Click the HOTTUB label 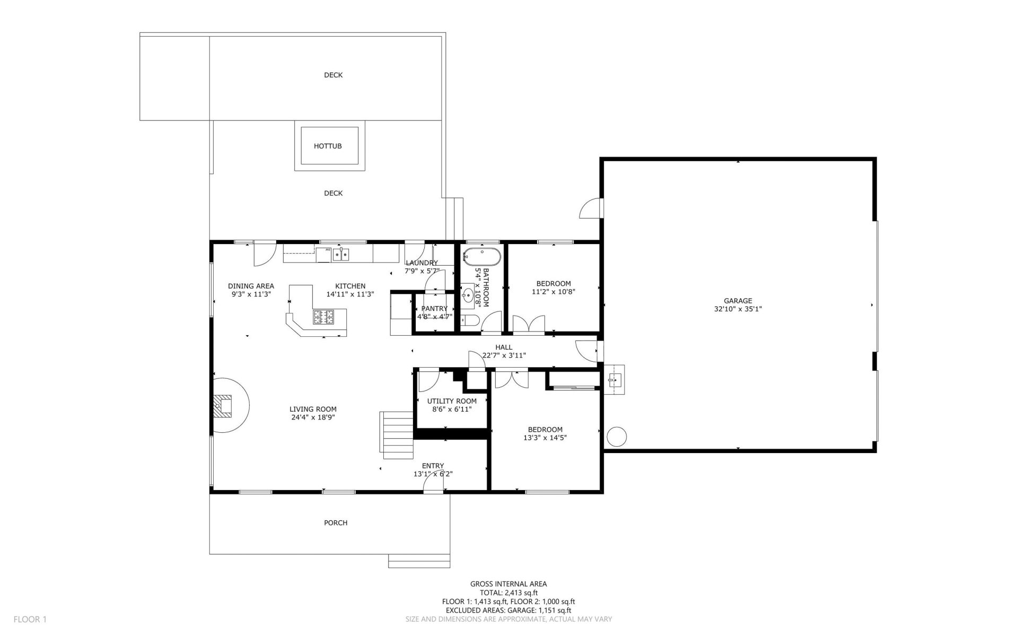328,146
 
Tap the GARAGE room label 738,301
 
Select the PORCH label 336,522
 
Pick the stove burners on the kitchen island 323,317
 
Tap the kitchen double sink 341,255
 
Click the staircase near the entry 397,435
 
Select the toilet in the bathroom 470,320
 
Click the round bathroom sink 468,296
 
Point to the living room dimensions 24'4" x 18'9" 313,417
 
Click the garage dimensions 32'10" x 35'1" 738,309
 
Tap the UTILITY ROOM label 452,401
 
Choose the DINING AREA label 251,286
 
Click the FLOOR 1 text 30,619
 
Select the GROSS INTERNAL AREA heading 508,584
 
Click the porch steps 419,561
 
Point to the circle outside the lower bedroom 616,437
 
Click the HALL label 504,347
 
